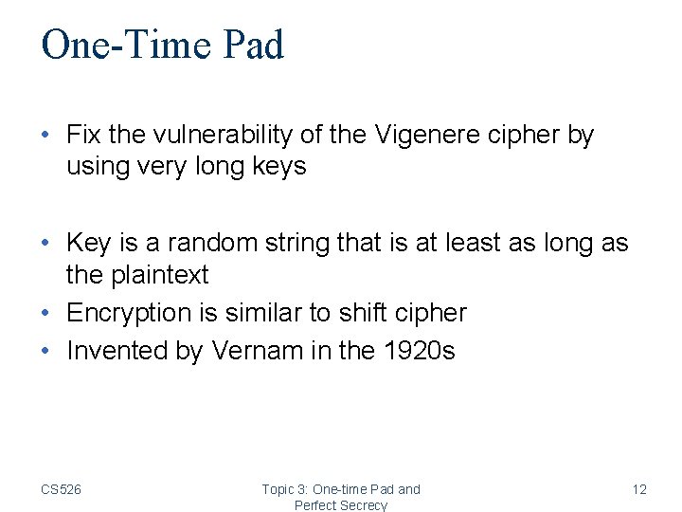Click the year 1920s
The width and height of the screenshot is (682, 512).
point(420,350)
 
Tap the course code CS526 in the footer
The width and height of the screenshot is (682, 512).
point(61,489)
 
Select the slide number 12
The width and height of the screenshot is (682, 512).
point(639,489)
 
